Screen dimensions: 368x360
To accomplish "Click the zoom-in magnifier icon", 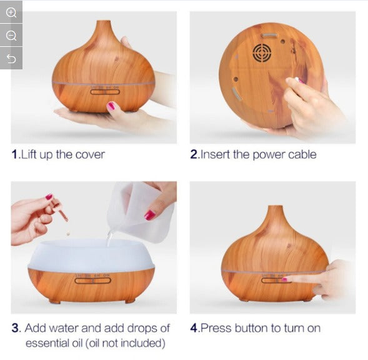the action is tap(11, 12).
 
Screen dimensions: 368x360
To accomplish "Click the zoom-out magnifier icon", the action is tap(11, 36).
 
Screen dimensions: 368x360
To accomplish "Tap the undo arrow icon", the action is tap(11, 59).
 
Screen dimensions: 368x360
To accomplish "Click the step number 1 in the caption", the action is tap(14, 154).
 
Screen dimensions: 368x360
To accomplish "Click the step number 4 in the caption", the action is tap(194, 328).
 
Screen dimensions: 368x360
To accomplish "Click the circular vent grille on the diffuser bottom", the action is tap(262, 52).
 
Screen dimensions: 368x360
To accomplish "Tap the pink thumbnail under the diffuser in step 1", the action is tap(111, 106).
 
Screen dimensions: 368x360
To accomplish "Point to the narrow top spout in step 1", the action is tap(104, 25).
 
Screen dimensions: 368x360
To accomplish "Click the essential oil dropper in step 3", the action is tap(59, 211).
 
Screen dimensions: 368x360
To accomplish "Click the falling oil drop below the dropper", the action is tap(68, 233).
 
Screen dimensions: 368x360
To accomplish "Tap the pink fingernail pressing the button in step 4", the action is tap(284, 279).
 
